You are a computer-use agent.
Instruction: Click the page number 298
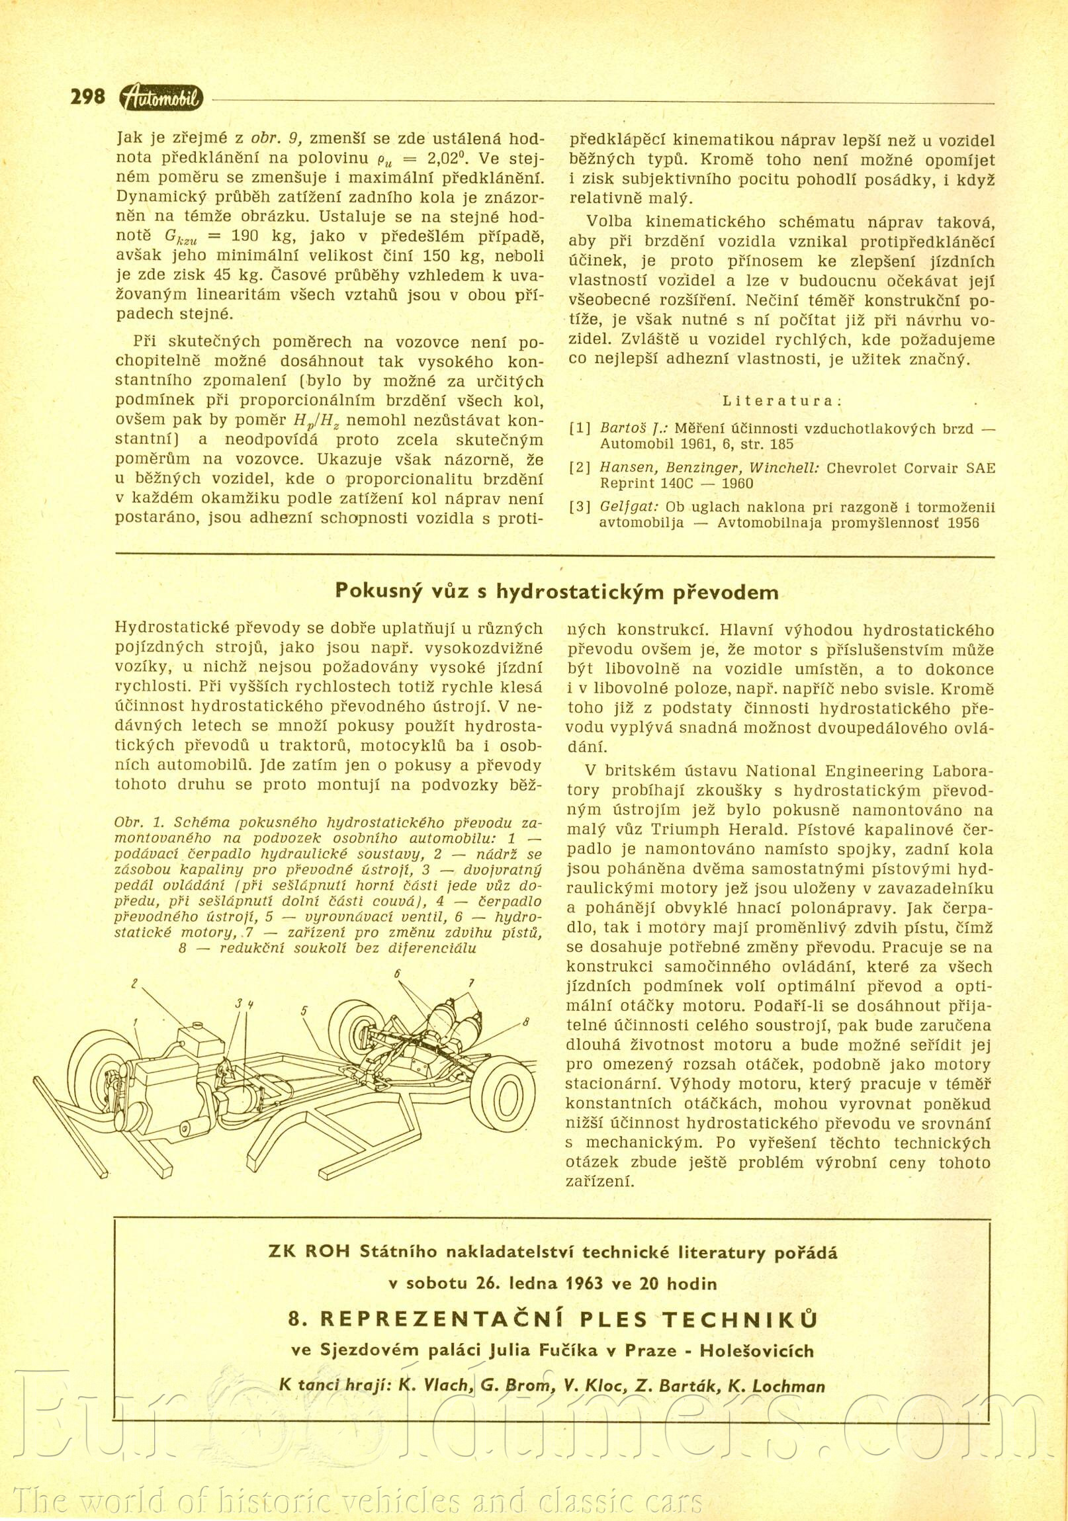click(87, 97)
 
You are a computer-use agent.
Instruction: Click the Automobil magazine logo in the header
click(161, 98)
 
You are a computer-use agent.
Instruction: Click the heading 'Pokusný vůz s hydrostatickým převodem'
click(556, 591)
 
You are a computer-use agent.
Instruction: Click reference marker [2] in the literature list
click(580, 468)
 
